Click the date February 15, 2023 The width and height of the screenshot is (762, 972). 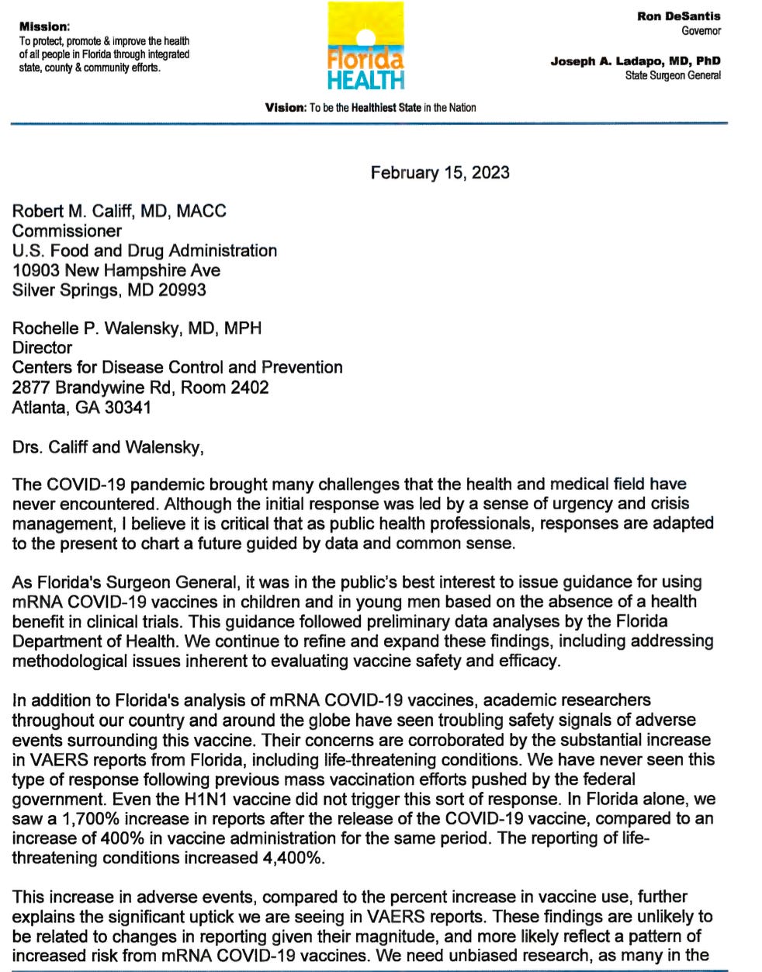(440, 172)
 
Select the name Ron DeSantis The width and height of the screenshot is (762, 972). (679, 16)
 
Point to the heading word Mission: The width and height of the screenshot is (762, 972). (44, 26)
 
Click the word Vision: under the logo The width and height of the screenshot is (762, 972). (286, 107)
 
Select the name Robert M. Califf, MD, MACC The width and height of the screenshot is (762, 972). (119, 211)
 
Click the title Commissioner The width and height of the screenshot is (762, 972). (67, 231)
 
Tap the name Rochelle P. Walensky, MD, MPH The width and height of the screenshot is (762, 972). (137, 328)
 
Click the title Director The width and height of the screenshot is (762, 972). (43, 348)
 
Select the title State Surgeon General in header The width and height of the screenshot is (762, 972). (673, 75)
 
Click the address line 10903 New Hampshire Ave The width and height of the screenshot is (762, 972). (116, 270)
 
